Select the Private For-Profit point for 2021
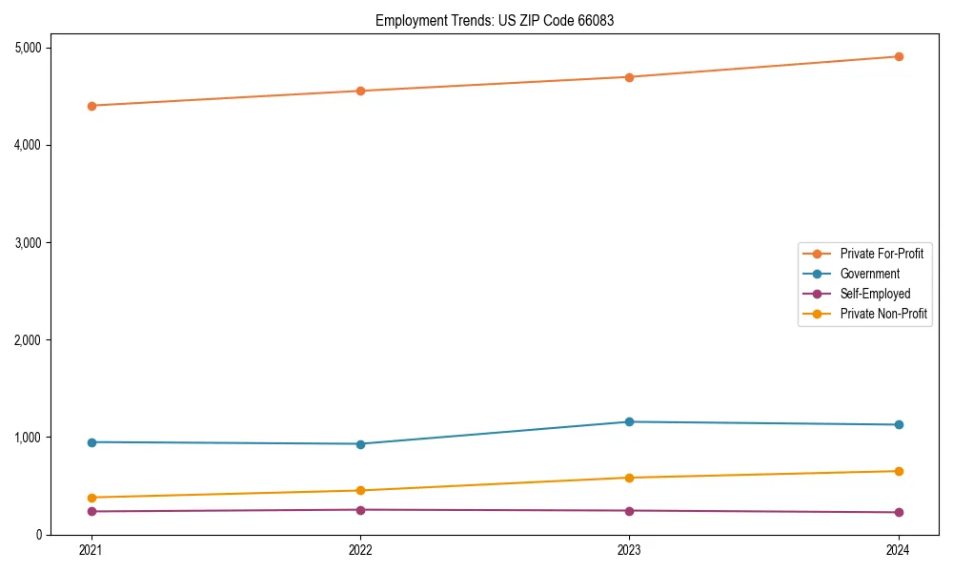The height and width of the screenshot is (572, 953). click(x=91, y=106)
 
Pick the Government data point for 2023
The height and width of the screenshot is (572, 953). click(x=630, y=421)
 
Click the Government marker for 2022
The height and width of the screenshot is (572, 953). click(x=360, y=443)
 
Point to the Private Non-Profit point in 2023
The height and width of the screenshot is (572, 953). click(x=630, y=478)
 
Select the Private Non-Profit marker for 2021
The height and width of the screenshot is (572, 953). click(x=91, y=498)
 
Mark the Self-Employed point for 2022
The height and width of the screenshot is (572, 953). click(x=360, y=510)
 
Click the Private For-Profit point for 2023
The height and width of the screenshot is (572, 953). click(x=630, y=77)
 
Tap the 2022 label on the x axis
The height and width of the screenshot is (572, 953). click(x=360, y=550)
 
